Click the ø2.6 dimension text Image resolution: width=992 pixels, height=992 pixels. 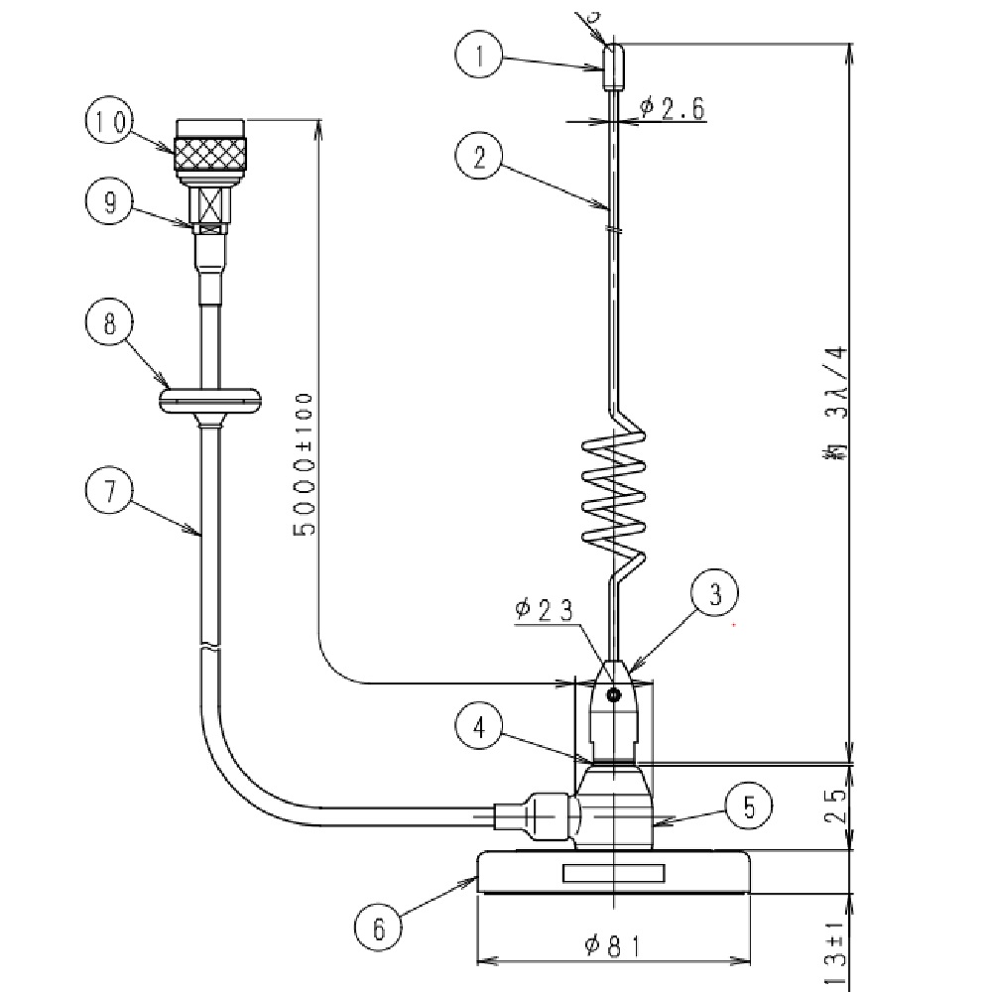(673, 108)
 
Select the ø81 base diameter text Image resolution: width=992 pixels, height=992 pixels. (612, 946)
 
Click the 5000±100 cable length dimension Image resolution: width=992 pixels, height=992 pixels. (305, 463)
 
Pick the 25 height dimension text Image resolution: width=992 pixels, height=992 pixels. (835, 807)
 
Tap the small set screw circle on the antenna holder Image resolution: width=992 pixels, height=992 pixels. (615, 694)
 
